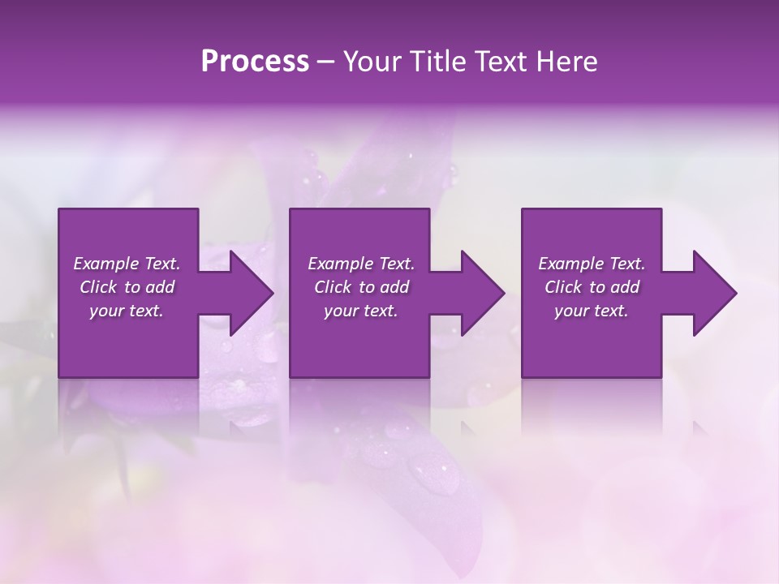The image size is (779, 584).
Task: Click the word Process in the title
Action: (255, 62)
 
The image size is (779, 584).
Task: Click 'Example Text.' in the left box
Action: (127, 264)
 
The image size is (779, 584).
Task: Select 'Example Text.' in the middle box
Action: (361, 264)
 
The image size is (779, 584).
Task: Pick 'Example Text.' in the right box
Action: (592, 264)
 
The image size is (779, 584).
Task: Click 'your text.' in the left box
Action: (127, 311)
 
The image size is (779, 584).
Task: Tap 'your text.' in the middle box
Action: (361, 311)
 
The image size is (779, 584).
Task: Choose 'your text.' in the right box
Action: (592, 311)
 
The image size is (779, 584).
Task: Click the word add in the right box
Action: (626, 287)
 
